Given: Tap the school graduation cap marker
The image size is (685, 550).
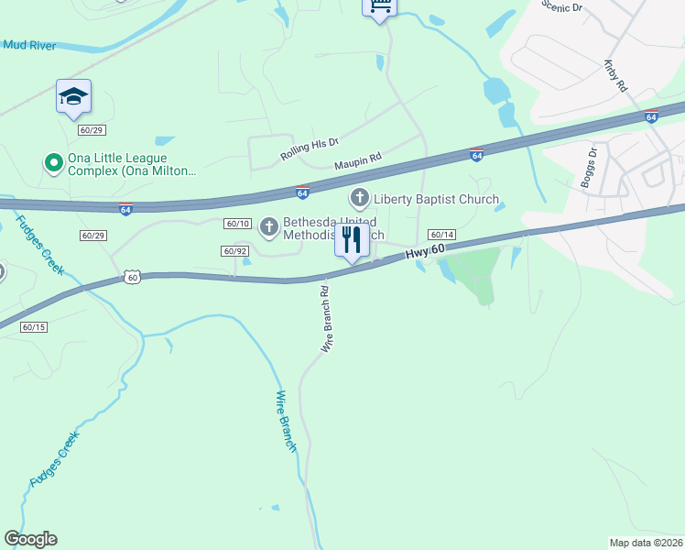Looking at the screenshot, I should tap(73, 96).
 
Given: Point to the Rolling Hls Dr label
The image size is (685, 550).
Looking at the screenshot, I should tap(310, 151).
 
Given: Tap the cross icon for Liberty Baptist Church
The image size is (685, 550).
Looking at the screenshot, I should tap(360, 198).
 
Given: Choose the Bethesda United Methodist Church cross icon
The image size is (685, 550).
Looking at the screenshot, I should tap(269, 225).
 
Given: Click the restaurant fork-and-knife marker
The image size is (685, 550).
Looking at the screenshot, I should tap(352, 241).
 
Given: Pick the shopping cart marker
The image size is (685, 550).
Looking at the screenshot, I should tap(380, 7).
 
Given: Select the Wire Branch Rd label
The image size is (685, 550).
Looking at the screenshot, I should tap(325, 319).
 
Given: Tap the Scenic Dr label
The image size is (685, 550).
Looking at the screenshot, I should tap(561, 8).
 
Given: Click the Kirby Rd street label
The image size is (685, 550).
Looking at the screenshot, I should tap(615, 77).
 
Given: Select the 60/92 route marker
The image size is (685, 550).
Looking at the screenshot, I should tap(235, 251).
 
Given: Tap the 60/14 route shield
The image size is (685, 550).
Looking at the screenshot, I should tap(441, 236).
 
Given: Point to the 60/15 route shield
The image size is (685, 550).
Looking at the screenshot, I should tap(33, 326).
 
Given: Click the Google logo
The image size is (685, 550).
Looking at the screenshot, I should tap(30, 539).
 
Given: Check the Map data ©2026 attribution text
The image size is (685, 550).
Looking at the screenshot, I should tap(647, 543).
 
